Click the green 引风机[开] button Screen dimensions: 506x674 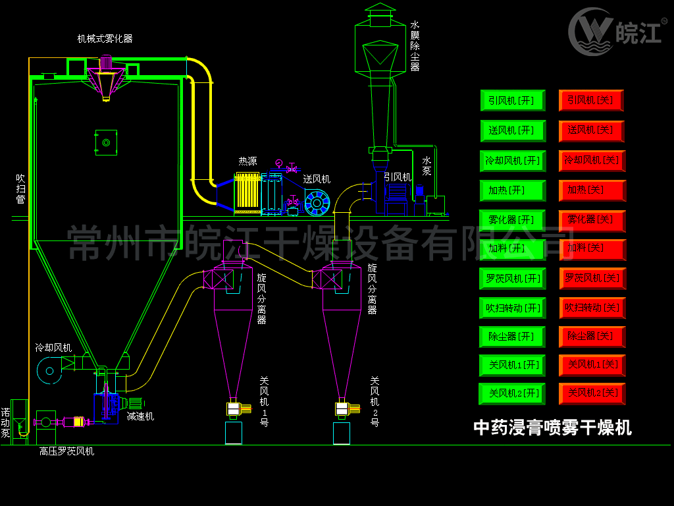(513, 101)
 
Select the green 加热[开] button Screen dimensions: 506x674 (513, 190)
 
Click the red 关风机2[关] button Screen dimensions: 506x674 (592, 393)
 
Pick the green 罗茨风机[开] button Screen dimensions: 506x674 (513, 279)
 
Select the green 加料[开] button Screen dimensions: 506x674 (513, 248)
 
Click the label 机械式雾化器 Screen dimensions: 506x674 (105, 39)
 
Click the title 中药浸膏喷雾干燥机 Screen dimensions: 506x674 (552, 428)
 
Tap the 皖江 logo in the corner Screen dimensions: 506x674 (615, 32)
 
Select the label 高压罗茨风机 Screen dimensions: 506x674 (66, 451)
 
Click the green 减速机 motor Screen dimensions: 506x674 (135, 403)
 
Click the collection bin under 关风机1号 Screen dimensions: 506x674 (234, 433)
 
